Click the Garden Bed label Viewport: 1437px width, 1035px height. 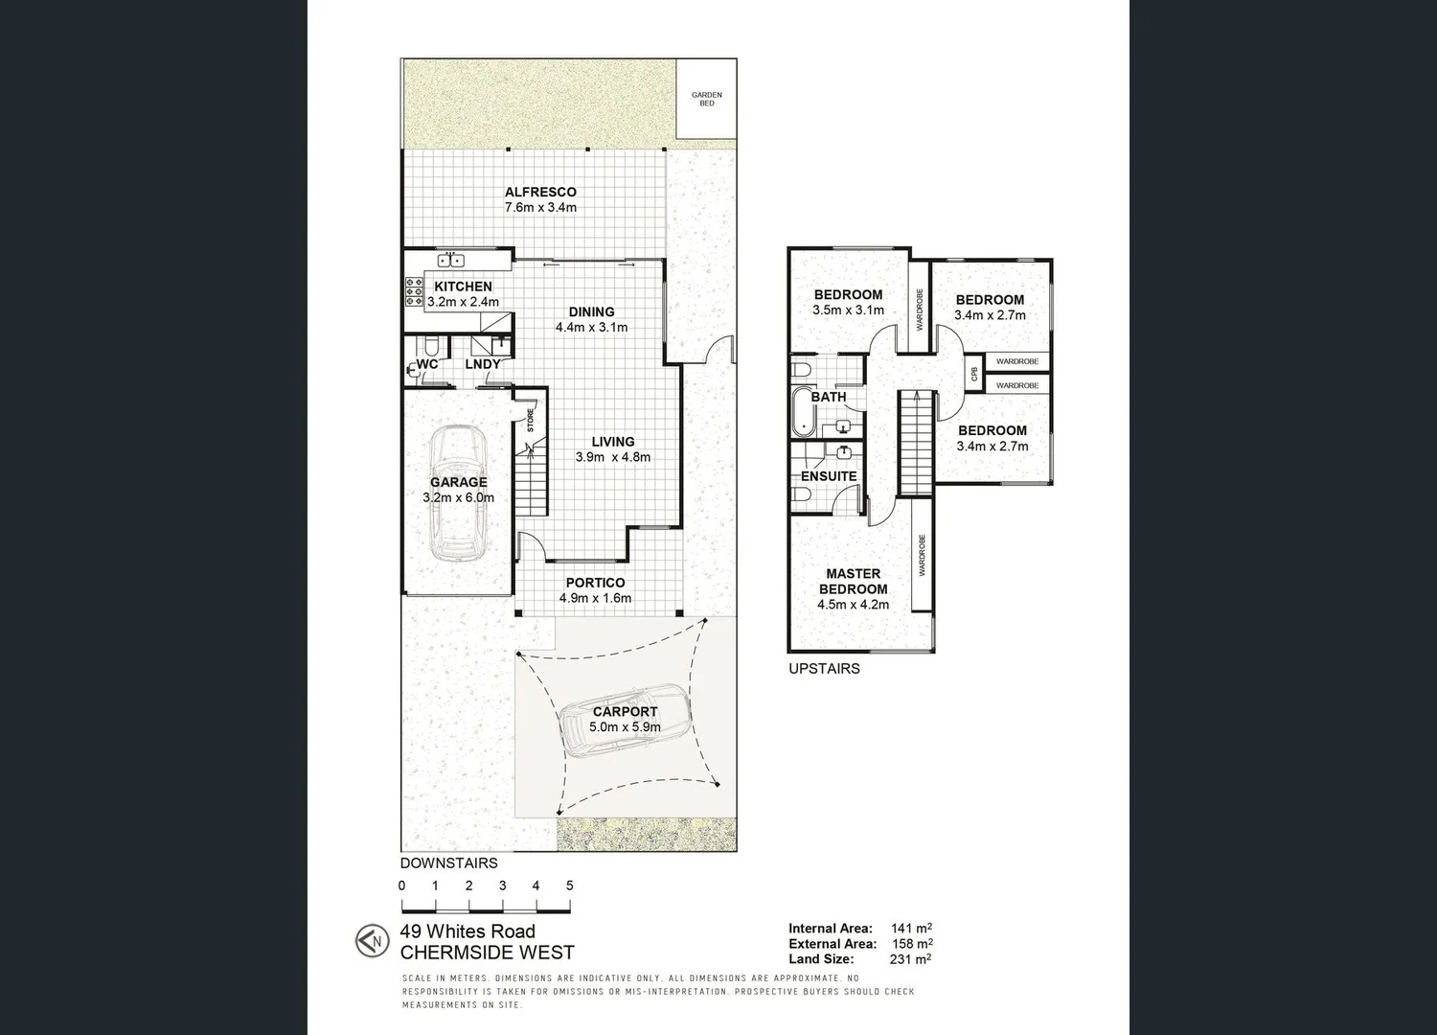706,99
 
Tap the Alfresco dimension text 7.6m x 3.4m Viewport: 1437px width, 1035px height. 540,207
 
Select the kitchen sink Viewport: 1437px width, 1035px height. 451,260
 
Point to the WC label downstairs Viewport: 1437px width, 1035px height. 427,364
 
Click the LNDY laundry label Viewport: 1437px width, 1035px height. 483,364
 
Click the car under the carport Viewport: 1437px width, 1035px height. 623,722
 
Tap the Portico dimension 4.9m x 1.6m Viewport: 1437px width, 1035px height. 595,598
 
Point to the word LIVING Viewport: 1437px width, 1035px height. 612,442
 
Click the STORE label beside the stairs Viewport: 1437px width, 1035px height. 530,420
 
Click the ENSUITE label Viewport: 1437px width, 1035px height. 829,476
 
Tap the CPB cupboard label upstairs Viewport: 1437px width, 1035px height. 974,374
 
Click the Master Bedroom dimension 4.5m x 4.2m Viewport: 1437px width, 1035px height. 853,605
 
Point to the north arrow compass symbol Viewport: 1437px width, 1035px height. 371,940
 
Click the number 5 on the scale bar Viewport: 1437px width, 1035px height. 569,885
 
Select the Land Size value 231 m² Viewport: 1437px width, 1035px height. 911,958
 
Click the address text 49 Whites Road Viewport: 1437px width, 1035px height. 468,931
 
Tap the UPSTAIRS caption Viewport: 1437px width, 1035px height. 824,669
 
